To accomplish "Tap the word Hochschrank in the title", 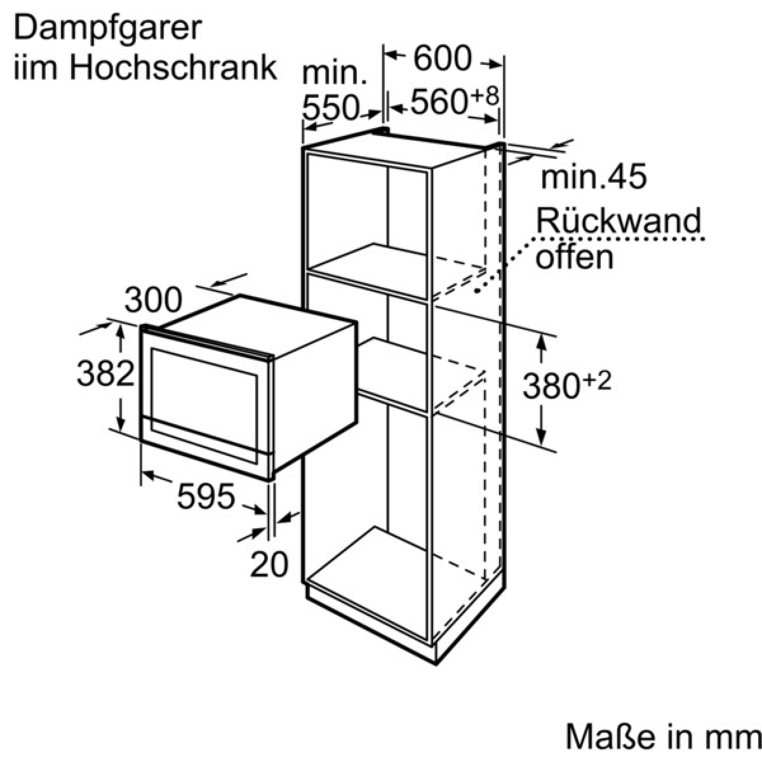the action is pos(173,69).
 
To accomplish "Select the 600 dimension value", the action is pos(443,58).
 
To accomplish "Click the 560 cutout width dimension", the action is pos(438,102).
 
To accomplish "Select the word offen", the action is pos(574,257).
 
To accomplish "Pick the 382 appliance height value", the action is pos(105,373).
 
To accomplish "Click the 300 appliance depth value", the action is pos(154,300).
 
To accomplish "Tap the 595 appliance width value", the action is pos(206,497).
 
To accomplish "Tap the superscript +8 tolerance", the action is pos(485,96).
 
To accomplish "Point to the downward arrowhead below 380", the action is pos(542,434).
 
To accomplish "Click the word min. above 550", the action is pos(334,73).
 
